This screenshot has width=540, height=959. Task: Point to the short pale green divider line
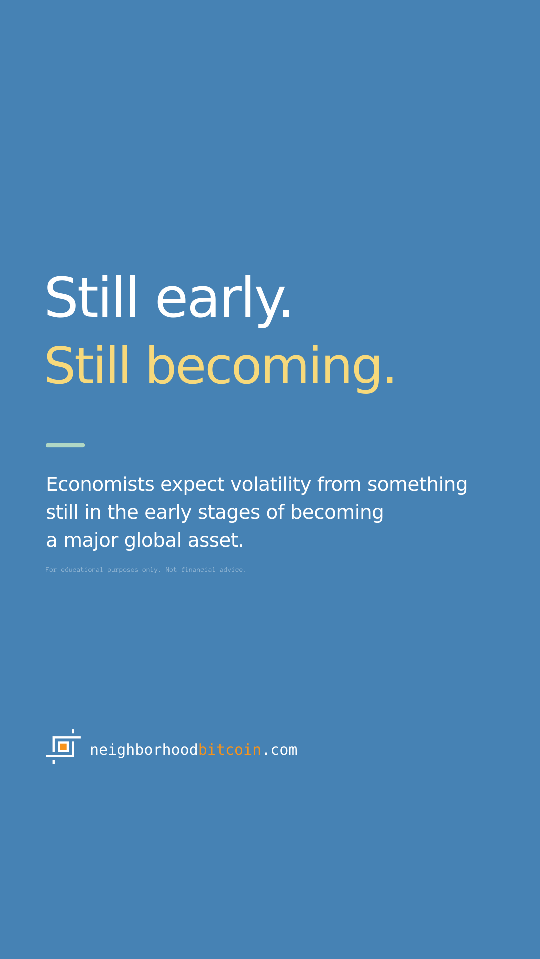(65, 445)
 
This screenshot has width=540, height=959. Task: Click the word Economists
(100, 484)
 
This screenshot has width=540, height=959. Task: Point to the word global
(153, 541)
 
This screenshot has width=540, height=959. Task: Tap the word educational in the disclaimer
(82, 570)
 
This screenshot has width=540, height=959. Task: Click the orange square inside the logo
(64, 747)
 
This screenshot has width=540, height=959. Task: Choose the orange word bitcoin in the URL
(230, 750)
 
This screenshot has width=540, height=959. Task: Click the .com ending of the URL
(280, 750)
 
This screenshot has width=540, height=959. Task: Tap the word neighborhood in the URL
(144, 750)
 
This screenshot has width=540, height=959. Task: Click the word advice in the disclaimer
(233, 570)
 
